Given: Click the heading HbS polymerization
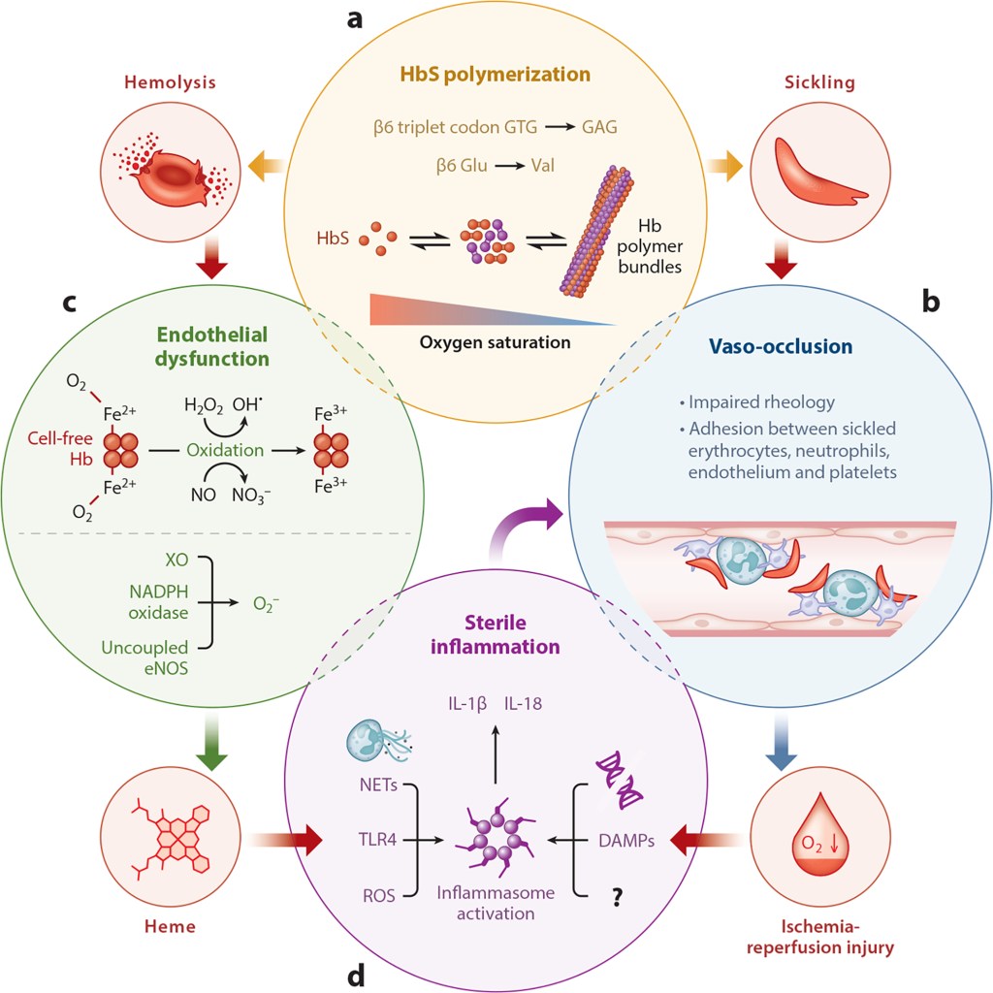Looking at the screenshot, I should click(x=496, y=75).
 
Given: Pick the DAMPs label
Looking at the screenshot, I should click(x=626, y=841).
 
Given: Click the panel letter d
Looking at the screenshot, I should click(x=356, y=973).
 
